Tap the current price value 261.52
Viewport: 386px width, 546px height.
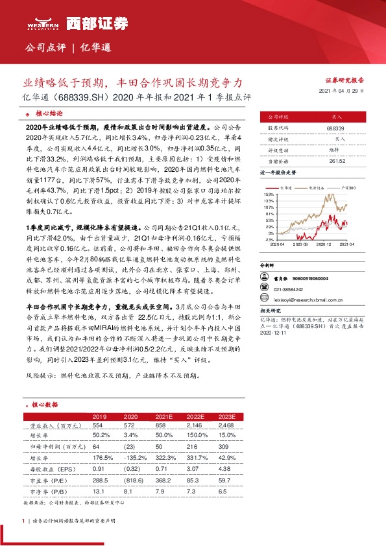tap(335, 160)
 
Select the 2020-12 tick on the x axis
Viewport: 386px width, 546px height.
tap(324, 245)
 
